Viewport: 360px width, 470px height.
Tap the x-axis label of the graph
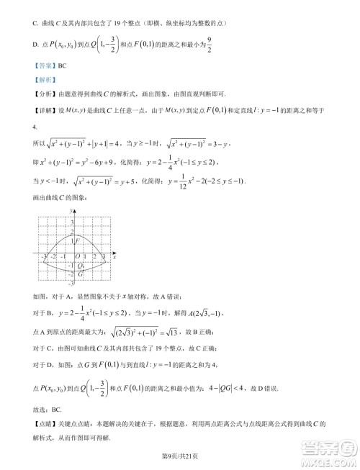point(114,256)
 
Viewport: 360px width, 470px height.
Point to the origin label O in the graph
point(76,256)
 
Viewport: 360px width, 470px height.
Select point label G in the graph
point(81,274)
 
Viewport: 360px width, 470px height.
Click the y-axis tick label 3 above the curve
point(71,222)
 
